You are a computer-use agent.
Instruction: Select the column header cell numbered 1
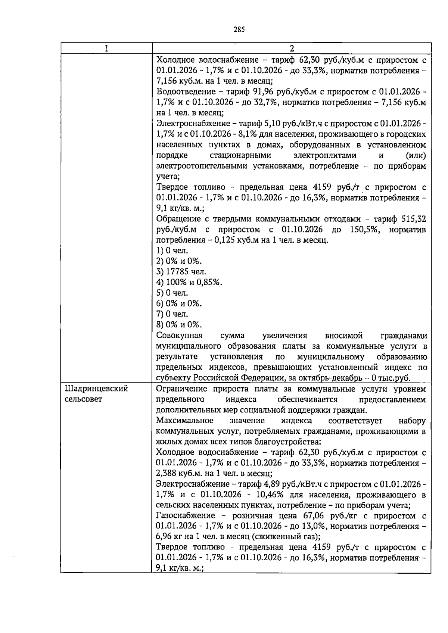click(106, 48)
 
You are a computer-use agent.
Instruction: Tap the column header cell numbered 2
click(292, 48)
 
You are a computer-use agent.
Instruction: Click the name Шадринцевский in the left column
click(97, 389)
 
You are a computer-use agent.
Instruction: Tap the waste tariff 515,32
click(414, 219)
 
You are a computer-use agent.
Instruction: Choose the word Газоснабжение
click(186, 516)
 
